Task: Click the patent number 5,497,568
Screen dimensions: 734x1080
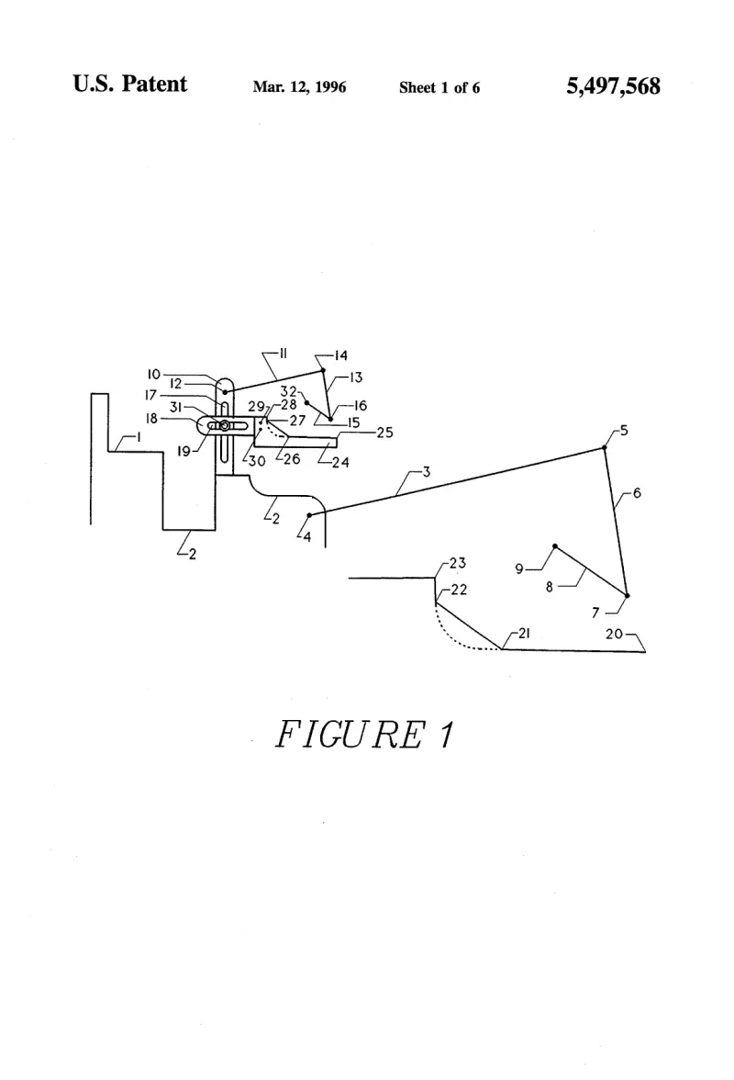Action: coord(613,86)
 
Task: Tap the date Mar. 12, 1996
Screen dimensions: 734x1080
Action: coord(299,86)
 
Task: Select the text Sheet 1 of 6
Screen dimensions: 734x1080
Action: coord(439,87)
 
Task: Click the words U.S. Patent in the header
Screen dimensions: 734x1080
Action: coord(130,84)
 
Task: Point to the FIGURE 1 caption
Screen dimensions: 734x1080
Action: coord(364,734)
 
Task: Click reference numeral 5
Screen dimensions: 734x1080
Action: coord(624,431)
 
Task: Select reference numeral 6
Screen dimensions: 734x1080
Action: coord(637,493)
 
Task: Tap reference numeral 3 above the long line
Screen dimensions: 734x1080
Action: coord(427,472)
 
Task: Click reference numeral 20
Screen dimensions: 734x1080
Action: coord(614,634)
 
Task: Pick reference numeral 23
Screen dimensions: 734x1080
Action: coord(458,564)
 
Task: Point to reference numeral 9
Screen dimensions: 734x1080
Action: coord(519,569)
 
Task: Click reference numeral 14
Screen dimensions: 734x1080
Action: coord(341,356)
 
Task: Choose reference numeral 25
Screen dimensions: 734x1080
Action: coord(384,433)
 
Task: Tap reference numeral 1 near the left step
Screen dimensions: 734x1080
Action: coord(139,437)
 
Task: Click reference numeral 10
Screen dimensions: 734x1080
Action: coord(153,374)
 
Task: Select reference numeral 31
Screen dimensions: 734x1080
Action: coord(175,407)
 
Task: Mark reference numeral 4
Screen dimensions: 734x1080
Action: coord(306,536)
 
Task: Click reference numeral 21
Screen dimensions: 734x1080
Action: coord(524,633)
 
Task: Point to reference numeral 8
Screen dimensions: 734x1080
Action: coord(549,588)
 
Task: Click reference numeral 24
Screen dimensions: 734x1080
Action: coord(340,462)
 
